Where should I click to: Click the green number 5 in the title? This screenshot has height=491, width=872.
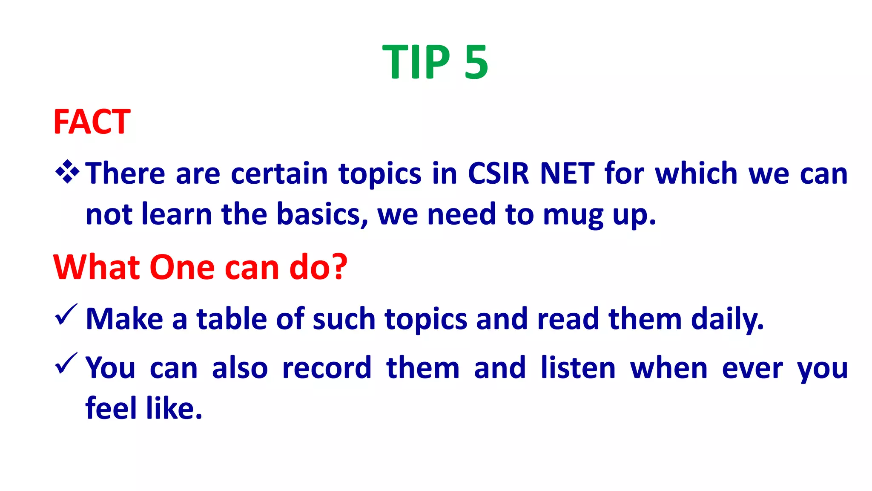click(x=476, y=62)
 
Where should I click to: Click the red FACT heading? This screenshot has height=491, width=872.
click(x=92, y=122)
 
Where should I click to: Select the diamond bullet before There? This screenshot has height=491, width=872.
click(x=67, y=172)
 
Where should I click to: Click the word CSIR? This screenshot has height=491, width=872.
click(x=498, y=173)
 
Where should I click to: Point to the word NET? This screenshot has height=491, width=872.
click(x=567, y=173)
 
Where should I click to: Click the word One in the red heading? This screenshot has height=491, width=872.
click(x=182, y=267)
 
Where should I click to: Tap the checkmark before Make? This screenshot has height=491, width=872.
click(x=66, y=315)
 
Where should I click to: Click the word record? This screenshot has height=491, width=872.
click(x=327, y=368)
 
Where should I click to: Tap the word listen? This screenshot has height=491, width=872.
click(x=578, y=368)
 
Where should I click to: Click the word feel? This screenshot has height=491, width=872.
click(x=111, y=408)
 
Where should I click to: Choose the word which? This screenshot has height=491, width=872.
click(x=696, y=173)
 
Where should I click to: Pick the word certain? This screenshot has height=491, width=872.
click(x=279, y=173)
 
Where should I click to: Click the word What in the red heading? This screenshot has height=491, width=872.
click(x=97, y=267)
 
